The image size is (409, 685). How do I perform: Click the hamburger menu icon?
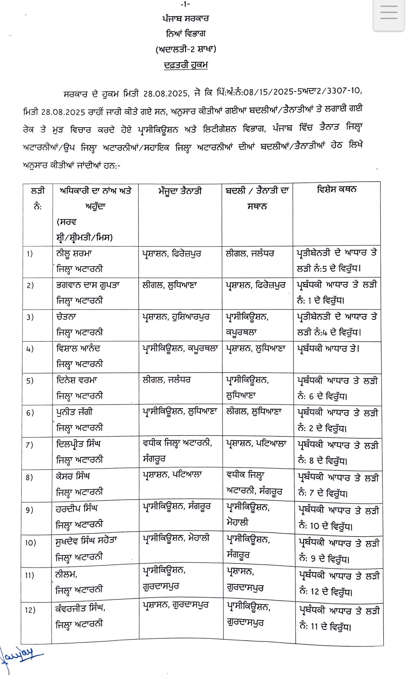point(388,13)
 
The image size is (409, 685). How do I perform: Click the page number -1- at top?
point(185,4)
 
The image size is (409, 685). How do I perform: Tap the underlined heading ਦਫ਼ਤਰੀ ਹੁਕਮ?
point(186,65)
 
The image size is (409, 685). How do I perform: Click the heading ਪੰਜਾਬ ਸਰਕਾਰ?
point(185,18)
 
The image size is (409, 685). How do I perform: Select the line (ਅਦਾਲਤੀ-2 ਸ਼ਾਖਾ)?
point(186,49)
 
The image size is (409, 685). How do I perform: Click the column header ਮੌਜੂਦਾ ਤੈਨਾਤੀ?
point(180,191)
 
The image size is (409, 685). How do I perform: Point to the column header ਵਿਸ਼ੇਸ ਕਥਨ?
point(336,189)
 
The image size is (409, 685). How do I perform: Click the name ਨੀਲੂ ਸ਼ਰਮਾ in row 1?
point(74,253)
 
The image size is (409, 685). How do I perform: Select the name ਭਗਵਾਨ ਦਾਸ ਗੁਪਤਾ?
point(88,285)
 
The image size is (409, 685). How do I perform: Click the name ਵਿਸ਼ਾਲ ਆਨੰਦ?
point(78,348)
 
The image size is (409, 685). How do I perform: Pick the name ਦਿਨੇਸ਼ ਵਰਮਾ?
point(77,380)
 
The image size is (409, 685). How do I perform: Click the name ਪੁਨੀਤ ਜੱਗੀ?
point(74,412)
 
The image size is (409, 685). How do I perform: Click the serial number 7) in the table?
point(29,445)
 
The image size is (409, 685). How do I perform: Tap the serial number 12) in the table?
point(30,610)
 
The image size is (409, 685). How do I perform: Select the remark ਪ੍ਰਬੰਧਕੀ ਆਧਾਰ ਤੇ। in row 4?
point(328,349)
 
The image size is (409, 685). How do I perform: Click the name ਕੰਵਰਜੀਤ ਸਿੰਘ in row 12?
point(80,608)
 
